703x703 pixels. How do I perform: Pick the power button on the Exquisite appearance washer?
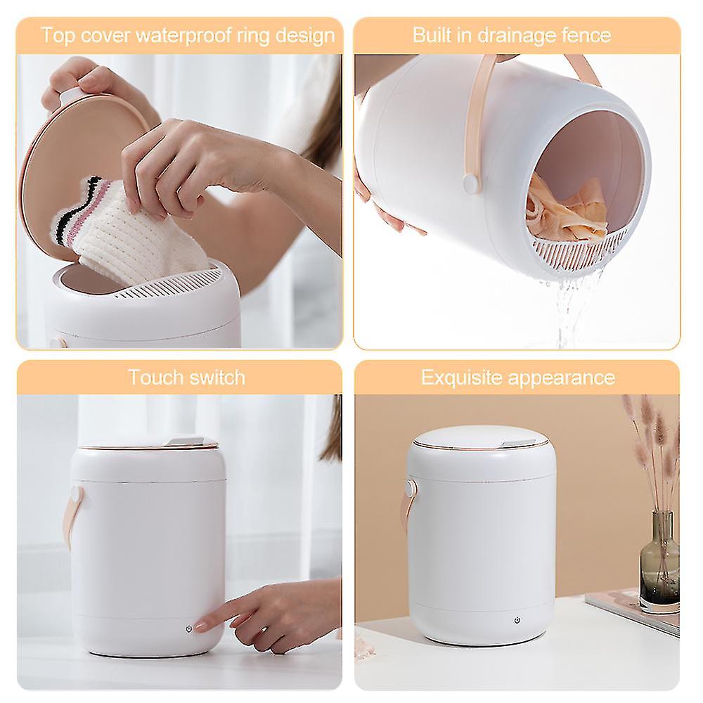point(517,620)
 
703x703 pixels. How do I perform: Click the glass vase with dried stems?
point(659,559)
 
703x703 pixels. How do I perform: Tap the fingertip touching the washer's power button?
point(200,626)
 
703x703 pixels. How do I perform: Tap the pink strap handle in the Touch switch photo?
point(72,513)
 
